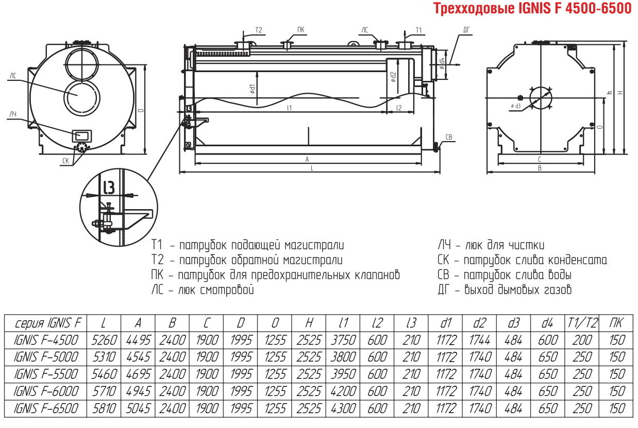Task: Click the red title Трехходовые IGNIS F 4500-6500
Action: click(532, 8)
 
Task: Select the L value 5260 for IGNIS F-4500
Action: click(104, 340)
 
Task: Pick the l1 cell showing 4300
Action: click(343, 408)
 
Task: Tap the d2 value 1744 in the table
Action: click(480, 340)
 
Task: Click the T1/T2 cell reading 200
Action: click(582, 340)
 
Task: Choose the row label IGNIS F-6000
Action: click(46, 391)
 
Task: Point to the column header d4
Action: click(547, 323)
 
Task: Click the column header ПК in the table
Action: click(616, 323)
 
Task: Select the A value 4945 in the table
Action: click(138, 391)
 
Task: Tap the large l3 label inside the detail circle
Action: click(109, 187)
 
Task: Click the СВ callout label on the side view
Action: click(448, 137)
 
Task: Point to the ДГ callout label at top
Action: click(466, 30)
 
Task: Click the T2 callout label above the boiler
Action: click(259, 30)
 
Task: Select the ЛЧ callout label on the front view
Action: click(13, 114)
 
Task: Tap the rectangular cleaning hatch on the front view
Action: click(82, 136)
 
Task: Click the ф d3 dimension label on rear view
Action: click(516, 106)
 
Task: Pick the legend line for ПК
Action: click(275, 275)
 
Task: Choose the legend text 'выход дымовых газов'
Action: click(518, 290)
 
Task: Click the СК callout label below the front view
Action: click(65, 161)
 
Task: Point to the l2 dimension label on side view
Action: click(399, 108)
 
